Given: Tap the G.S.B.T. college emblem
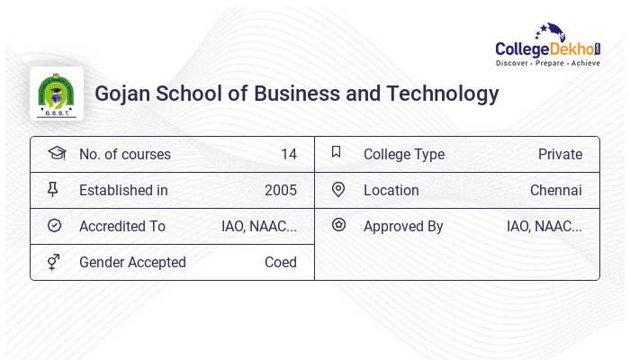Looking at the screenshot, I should point(57,94).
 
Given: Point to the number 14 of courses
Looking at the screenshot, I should point(288,155).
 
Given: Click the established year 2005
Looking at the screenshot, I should point(280,191).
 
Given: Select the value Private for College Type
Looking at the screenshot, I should point(560,155).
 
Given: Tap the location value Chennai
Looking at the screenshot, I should point(555,191).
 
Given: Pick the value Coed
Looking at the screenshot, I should point(280,263).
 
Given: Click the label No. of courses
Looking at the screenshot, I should point(124,155).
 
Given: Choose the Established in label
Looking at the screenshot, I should point(123,191).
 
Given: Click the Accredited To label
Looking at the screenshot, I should point(122,227).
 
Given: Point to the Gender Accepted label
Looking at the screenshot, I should point(132,263).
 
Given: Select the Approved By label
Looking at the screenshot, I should point(403,227).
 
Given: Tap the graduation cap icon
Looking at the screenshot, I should point(56,153).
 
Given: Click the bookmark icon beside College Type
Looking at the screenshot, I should point(337,152).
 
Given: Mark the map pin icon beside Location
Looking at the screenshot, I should point(338,189).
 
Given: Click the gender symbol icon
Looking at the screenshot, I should point(54,262).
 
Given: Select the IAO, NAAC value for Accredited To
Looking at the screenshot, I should point(259,227).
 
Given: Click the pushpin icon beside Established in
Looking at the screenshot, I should point(53,189).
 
